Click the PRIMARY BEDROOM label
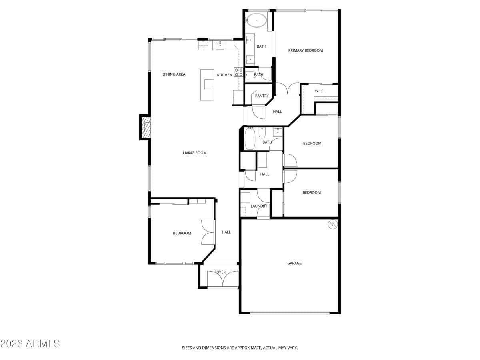coord(305,50)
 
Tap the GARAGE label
coord(294,263)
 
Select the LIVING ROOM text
coord(194,153)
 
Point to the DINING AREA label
coord(174,74)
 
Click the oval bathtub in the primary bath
coord(256,20)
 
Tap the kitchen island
coord(208,85)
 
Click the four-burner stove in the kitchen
coord(238,72)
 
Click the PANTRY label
coord(262,96)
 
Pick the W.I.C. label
coord(319,91)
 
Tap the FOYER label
coord(220,272)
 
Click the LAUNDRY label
coord(259,206)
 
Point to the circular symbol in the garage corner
coord(332,224)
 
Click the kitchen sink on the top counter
coord(220,45)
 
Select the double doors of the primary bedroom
coord(287,89)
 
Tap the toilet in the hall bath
coord(262,132)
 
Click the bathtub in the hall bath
coord(250,139)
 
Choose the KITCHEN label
coord(224,75)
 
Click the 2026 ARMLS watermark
coord(30,344)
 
